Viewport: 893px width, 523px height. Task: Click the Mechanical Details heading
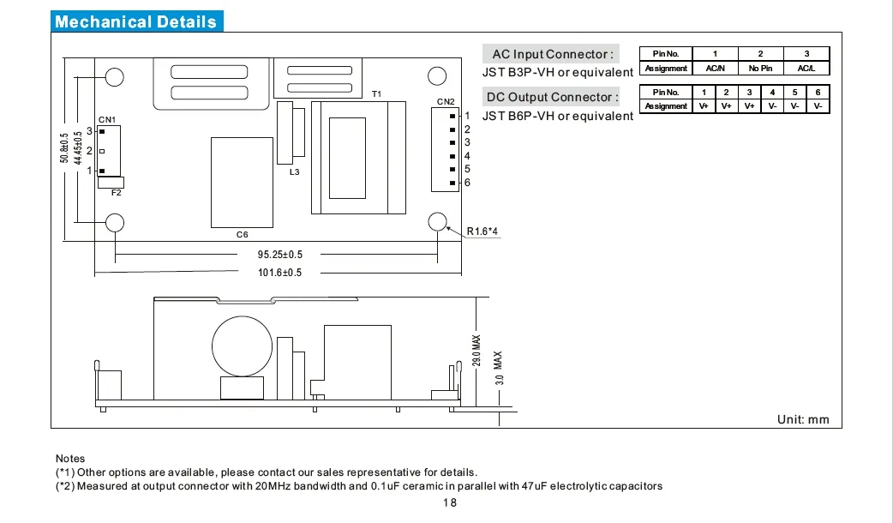[x=136, y=22]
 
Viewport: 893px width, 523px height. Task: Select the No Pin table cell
[x=760, y=69]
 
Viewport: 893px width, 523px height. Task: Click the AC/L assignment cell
[x=806, y=69]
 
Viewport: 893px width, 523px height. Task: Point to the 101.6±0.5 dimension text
[x=280, y=272]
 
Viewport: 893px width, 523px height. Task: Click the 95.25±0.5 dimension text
[x=280, y=255]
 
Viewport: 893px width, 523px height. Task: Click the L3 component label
[x=294, y=173]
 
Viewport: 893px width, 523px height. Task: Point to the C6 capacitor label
[x=242, y=234]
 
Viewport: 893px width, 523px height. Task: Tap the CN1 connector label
[x=107, y=119]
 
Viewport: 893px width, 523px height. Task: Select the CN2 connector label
[x=446, y=101]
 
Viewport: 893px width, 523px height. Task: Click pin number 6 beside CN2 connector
[x=467, y=183]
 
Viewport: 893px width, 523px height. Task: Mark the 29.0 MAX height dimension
[x=477, y=351]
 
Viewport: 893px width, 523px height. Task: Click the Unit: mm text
[x=802, y=419]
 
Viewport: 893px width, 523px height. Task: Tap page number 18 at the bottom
[x=450, y=503]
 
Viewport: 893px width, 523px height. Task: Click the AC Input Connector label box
[x=553, y=55]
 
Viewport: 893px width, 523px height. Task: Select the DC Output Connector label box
[x=553, y=97]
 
